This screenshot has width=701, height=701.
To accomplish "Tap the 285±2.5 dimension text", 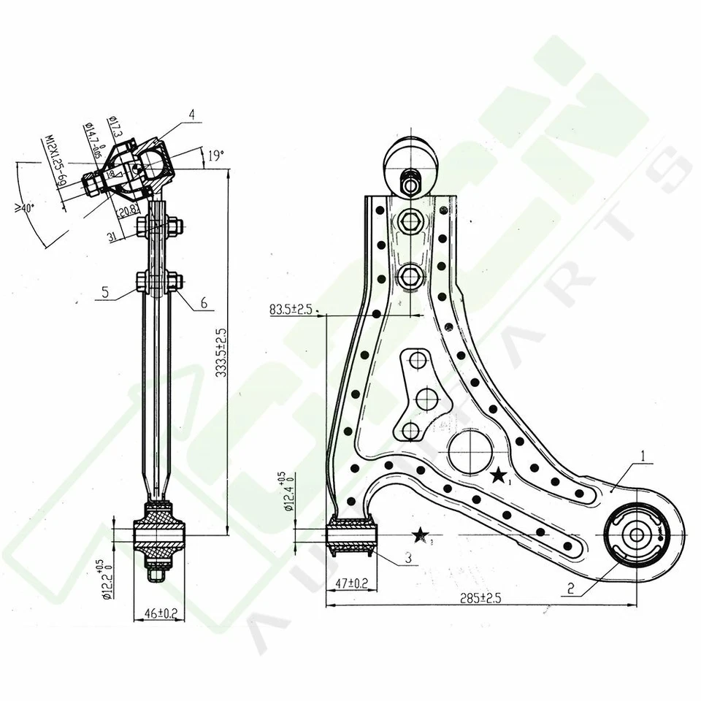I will pos(482,597).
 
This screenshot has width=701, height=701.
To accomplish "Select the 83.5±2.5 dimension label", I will pos(291,310).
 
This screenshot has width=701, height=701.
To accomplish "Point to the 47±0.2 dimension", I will pos(351,583).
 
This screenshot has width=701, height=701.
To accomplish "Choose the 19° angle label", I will pos(215,155).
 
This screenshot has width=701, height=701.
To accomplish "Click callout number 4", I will pos(191,114).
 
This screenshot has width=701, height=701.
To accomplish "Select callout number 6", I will pos(203,302).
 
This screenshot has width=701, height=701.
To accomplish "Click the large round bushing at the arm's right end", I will pos(637,535).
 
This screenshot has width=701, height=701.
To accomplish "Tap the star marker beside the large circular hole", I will pos(499,477).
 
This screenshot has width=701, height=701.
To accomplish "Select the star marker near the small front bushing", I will pos(420,537).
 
